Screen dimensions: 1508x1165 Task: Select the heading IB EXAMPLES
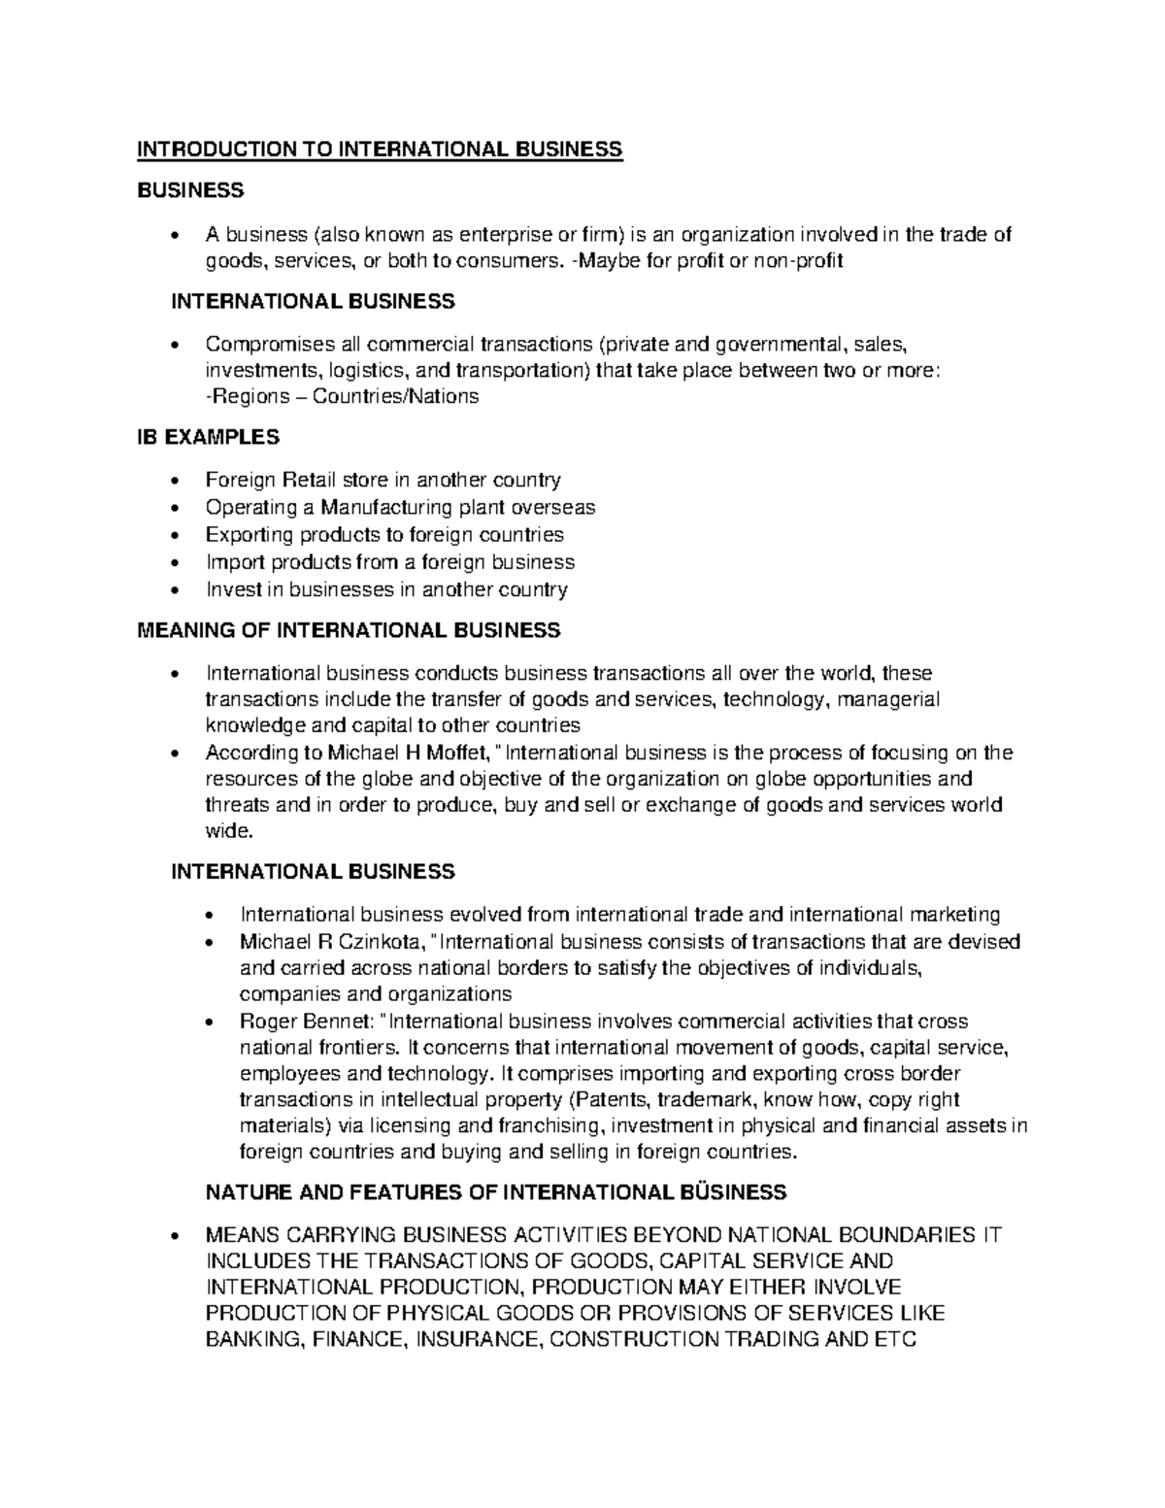207,438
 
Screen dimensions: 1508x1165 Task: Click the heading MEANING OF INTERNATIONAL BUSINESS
349,631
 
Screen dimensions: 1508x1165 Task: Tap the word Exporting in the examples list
249,535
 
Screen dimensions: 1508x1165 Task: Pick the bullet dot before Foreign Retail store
174,481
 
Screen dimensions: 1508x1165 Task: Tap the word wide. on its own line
228,831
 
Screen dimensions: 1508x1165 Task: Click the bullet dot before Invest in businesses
174,590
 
